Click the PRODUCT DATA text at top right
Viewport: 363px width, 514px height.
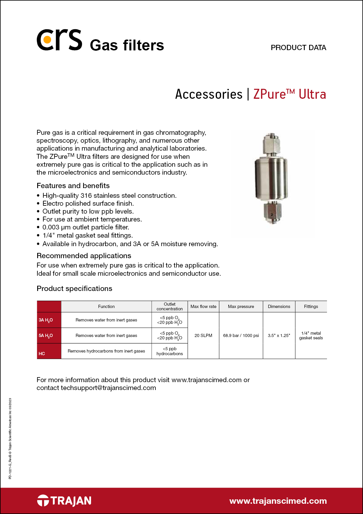point(298,47)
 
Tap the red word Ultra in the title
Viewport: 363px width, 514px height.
point(312,94)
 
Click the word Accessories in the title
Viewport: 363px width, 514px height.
point(209,94)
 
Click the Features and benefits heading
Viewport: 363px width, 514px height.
point(73,186)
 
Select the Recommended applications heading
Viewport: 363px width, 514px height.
point(84,256)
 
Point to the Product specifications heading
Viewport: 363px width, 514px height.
point(74,289)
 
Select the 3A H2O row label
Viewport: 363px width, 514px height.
point(46,320)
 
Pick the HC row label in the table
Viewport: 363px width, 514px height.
point(42,353)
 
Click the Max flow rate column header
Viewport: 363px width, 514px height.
point(203,307)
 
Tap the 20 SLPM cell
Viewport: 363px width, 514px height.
point(203,336)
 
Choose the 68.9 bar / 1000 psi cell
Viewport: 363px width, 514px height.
point(241,336)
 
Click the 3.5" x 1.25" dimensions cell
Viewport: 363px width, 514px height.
point(279,336)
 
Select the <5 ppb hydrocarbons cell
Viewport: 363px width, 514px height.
point(169,351)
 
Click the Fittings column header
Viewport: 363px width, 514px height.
point(311,307)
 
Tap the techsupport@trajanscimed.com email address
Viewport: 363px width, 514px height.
point(108,388)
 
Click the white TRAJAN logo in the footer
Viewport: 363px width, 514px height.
point(64,501)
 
